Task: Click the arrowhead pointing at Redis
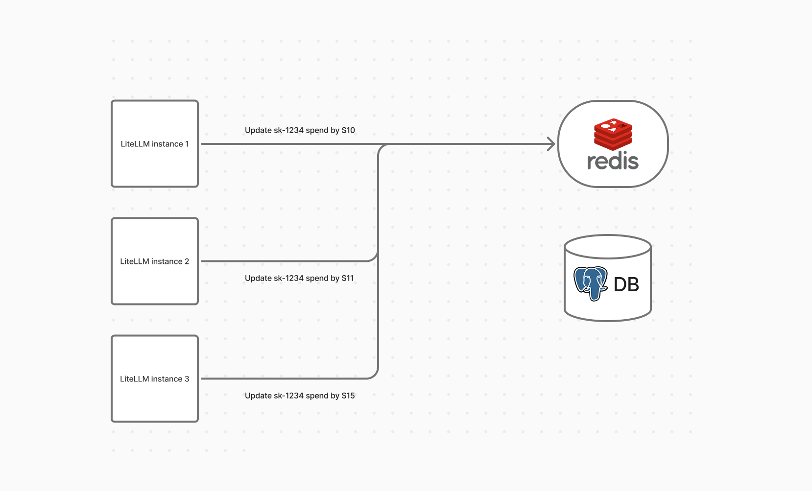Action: [x=551, y=144]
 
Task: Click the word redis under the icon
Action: [x=613, y=162]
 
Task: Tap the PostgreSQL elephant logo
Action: [x=590, y=283]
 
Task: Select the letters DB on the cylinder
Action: [x=626, y=284]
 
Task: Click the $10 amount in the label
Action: [x=348, y=130]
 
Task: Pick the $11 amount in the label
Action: [x=348, y=278]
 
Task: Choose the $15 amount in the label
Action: [x=348, y=396]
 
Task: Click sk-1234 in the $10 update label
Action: [x=288, y=130]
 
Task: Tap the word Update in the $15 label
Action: [x=258, y=396]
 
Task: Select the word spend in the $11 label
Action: [x=316, y=278]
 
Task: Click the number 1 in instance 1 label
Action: [x=187, y=144]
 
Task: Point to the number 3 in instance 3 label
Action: [x=187, y=379]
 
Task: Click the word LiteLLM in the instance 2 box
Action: [x=134, y=261]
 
